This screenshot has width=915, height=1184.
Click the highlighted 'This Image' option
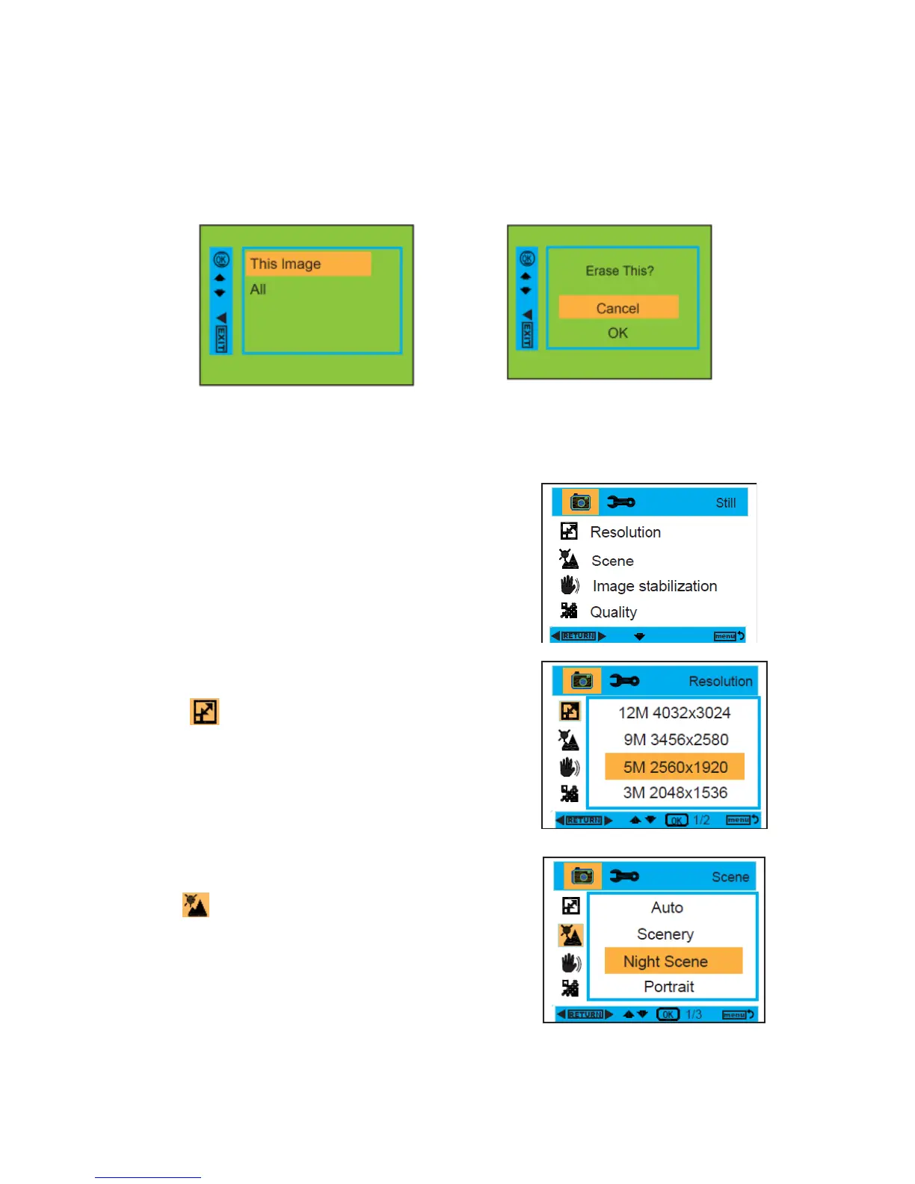tap(306, 264)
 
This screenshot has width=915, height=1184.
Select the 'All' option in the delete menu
tap(258, 289)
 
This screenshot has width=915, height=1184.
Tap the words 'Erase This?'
tap(619, 271)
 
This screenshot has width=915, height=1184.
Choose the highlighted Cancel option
tap(618, 308)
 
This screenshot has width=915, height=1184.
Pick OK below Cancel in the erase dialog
tap(617, 333)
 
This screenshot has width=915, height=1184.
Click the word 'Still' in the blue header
tap(725, 503)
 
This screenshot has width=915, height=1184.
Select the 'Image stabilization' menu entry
tap(654, 586)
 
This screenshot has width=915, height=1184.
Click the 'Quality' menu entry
tap(613, 612)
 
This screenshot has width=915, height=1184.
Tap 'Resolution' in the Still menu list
tap(625, 532)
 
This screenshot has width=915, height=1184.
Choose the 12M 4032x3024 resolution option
tap(674, 713)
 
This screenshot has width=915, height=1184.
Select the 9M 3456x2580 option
tap(675, 740)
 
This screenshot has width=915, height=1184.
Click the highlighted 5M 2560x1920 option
tap(674, 767)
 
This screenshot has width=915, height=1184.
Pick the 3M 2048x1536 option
tap(674, 793)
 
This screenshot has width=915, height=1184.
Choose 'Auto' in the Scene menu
tap(667, 907)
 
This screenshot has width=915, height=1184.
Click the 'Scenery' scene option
tap(665, 934)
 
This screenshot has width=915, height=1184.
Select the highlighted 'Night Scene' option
tap(665, 961)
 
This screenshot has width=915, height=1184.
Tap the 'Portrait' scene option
tap(668, 987)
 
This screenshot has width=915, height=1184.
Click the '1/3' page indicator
tap(694, 1014)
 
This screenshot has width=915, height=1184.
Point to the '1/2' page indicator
tap(701, 820)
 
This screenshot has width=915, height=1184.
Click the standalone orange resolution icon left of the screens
tap(204, 712)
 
